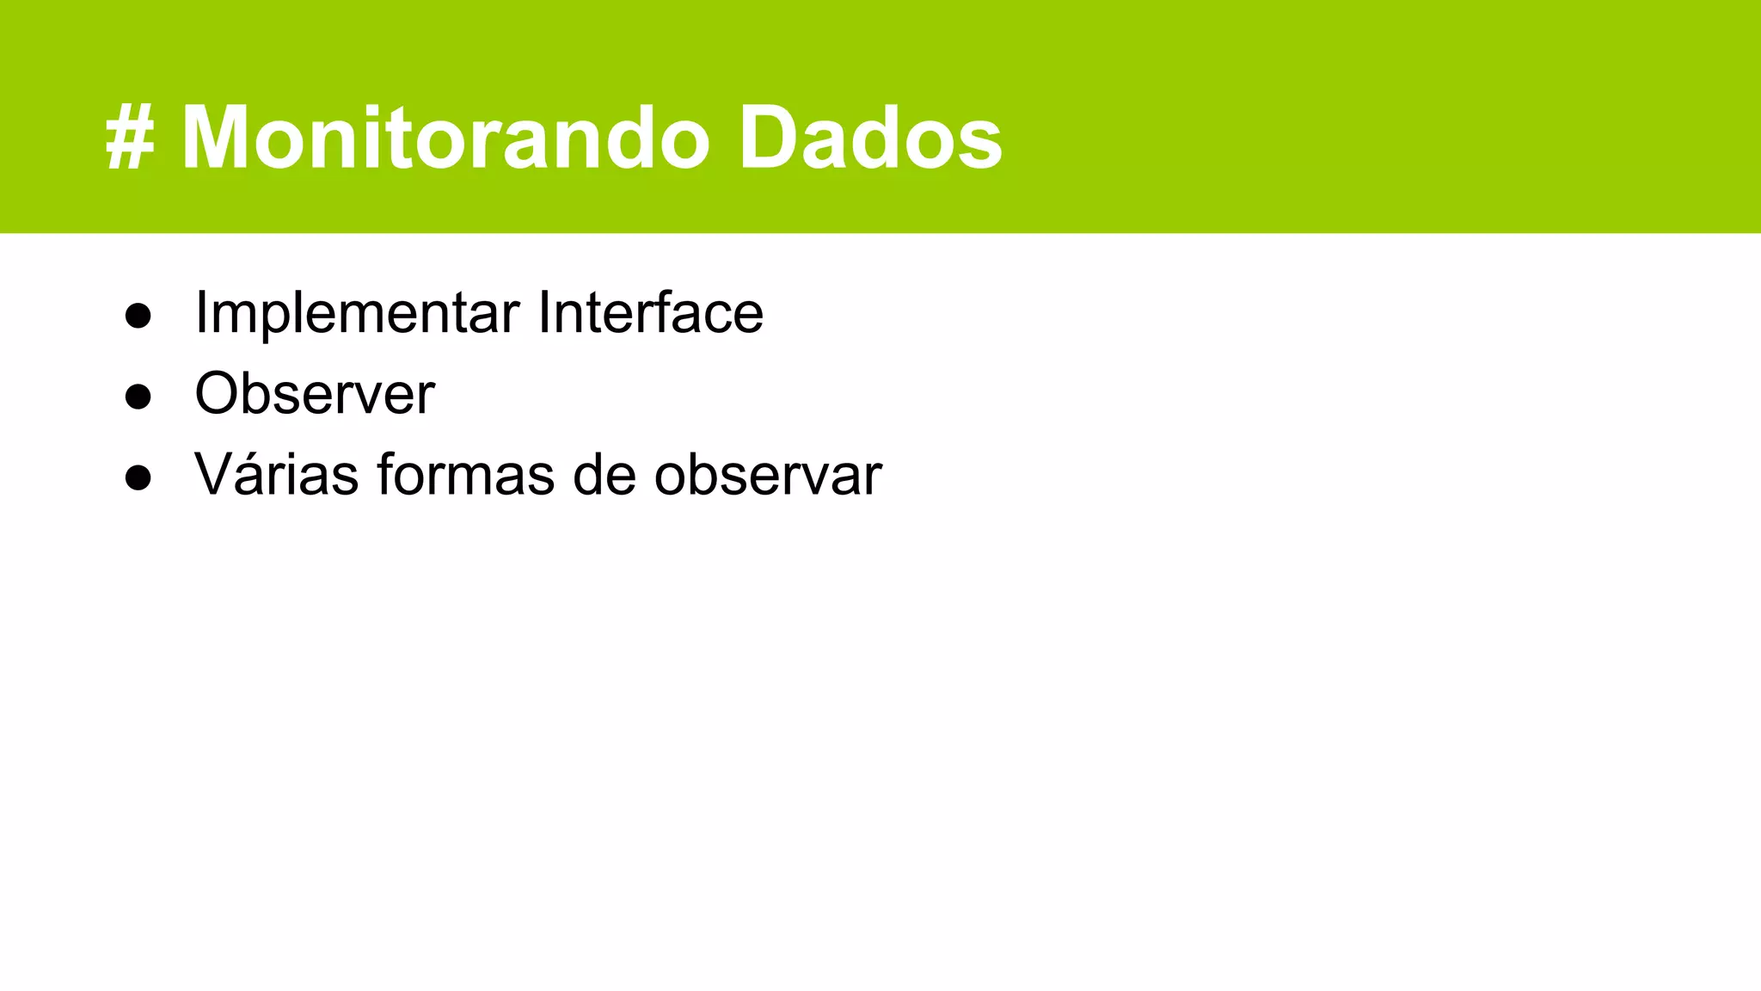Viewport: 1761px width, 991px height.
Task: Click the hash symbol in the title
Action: click(x=130, y=138)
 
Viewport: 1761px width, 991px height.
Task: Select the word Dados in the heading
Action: click(x=870, y=138)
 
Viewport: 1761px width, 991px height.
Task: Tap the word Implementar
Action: click(x=357, y=312)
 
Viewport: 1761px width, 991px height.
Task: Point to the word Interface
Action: click(x=650, y=312)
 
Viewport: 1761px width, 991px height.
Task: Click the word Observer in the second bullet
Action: click(x=315, y=394)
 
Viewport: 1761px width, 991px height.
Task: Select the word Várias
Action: click(x=276, y=474)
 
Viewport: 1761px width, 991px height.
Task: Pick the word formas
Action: click(x=465, y=474)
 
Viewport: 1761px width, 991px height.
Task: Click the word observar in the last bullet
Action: click(x=767, y=474)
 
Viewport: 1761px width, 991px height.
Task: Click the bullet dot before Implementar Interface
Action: click(x=138, y=316)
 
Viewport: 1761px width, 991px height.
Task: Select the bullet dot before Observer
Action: click(x=138, y=397)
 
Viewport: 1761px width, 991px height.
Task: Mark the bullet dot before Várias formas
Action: click(x=138, y=477)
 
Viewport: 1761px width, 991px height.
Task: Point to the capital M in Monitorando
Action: click(x=221, y=138)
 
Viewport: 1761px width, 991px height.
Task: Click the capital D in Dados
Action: click(x=773, y=138)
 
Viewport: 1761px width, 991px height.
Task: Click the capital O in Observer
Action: click(x=220, y=394)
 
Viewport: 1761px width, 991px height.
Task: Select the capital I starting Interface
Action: click(x=543, y=312)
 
